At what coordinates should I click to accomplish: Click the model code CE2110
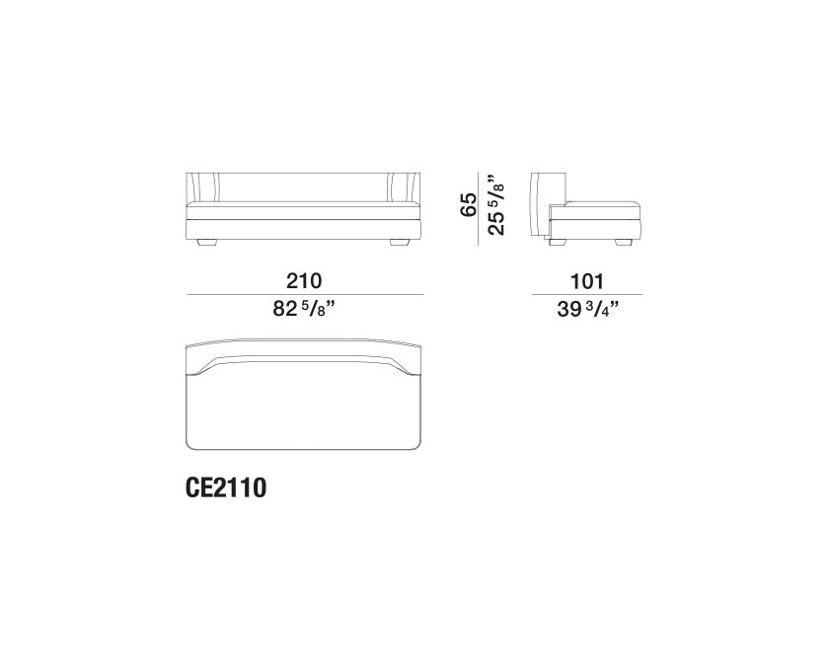[226, 487]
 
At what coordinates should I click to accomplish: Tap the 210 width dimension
[304, 281]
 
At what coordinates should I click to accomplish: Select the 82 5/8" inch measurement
[305, 308]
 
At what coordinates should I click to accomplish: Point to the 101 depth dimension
[587, 281]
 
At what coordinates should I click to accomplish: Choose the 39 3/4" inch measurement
[588, 308]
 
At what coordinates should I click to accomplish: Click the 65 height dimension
[468, 204]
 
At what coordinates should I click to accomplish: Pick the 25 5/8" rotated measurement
[495, 203]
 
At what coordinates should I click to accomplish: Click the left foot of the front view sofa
[206, 243]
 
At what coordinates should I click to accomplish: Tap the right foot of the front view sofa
[400, 243]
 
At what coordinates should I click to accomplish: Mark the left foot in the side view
[556, 242]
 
